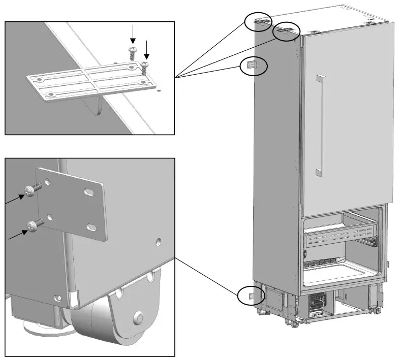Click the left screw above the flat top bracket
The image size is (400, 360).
133,51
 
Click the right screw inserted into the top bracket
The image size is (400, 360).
145,67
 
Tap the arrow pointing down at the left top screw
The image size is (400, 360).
133,34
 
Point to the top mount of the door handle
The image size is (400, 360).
320,77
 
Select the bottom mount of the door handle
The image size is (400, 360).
320,172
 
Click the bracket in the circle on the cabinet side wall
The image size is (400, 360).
251,64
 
